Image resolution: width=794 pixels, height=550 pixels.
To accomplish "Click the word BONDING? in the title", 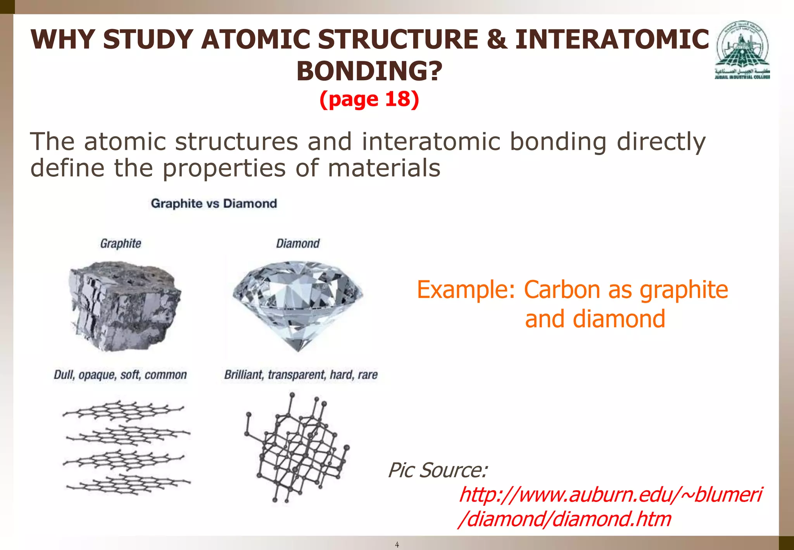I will coord(369,71).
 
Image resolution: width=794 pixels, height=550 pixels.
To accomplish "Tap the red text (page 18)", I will coord(369,99).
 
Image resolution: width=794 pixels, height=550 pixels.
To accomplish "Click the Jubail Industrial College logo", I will coord(742,50).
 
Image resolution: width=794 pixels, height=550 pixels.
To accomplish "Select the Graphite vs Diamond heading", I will coord(214,204).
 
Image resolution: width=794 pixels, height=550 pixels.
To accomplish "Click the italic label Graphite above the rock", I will coord(121,244).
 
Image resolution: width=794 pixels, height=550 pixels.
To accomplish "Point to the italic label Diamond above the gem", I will coord(298,244).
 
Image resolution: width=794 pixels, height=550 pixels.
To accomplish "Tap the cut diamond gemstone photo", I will coord(298,303).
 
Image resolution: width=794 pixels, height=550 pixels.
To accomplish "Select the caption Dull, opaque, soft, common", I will coord(120,375).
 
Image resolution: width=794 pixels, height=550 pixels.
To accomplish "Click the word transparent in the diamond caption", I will coord(297,375).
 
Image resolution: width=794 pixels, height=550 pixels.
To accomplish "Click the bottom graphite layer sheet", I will coord(128,484).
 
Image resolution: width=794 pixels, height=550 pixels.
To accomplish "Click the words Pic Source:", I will coord(438,470).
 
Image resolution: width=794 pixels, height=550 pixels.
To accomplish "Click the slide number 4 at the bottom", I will coord(397,545).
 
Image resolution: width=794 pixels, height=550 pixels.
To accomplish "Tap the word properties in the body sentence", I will coord(224,168).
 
